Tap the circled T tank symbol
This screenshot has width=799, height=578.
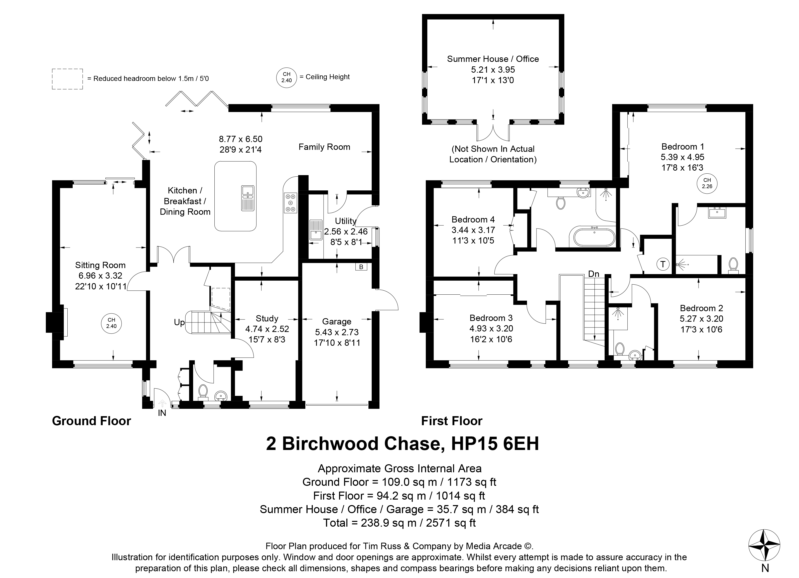click(x=663, y=264)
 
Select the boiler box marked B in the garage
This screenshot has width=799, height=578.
click(x=361, y=267)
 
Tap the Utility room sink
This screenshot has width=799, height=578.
click(x=316, y=229)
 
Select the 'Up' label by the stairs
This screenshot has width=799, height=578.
click(x=179, y=322)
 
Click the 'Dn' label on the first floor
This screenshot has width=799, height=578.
click(x=594, y=274)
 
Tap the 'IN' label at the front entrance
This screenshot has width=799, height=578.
click(x=162, y=413)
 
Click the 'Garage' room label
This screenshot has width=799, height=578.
click(x=337, y=321)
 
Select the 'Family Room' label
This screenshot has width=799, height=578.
click(x=324, y=147)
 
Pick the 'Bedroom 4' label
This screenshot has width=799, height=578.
click(x=473, y=219)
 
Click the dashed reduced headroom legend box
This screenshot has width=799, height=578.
click(x=68, y=79)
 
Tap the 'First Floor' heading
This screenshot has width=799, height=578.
click(x=452, y=421)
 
